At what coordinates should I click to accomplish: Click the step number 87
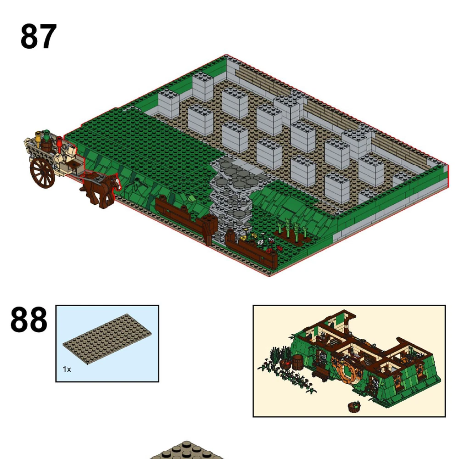pos(39,37)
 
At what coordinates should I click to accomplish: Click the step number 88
pos(28,319)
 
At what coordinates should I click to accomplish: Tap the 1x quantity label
pos(67,369)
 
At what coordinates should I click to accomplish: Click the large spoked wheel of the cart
pos(42,173)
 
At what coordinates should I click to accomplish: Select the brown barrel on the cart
pos(46,145)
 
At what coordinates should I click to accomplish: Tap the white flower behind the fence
pos(260,242)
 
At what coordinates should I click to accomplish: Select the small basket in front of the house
pos(354,406)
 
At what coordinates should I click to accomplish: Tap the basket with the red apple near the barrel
pos(285,364)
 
